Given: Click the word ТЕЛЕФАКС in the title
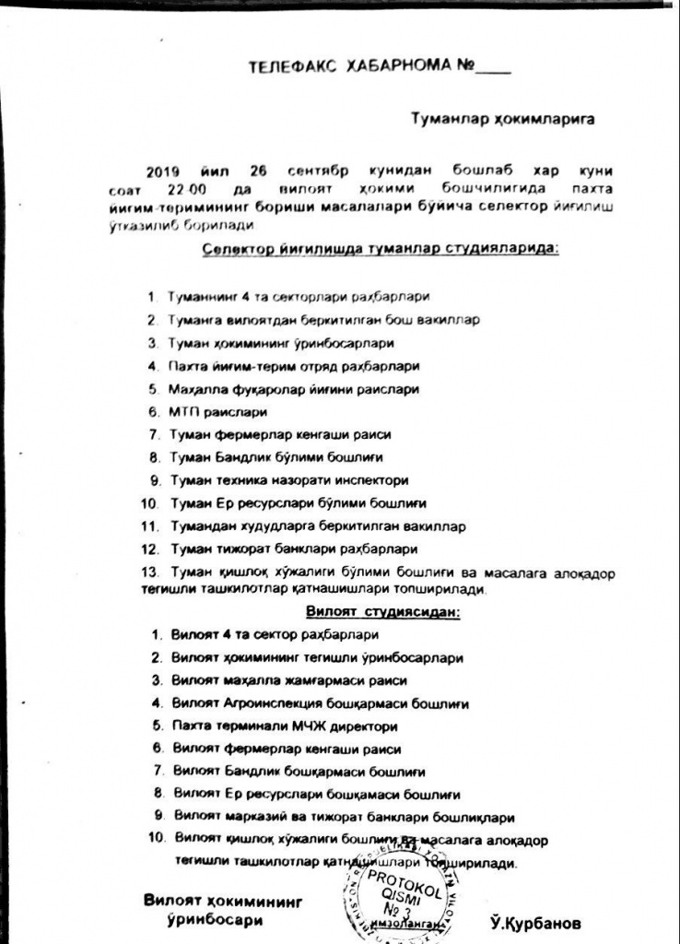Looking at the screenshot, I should click(292, 67).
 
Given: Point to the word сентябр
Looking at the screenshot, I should click(351, 172).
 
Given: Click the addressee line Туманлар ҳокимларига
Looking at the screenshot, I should click(502, 119).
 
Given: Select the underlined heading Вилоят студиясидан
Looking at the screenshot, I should click(383, 611).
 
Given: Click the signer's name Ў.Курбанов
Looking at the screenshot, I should click(537, 923).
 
